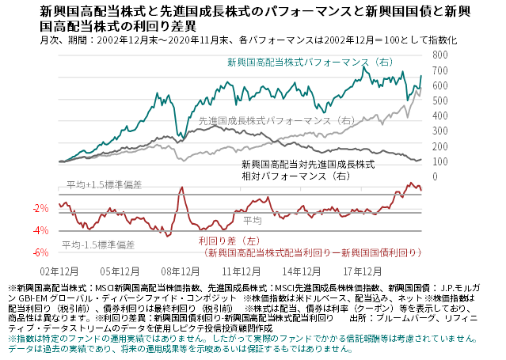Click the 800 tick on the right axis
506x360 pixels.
coord(436,56)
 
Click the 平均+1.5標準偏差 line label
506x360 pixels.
coord(104,184)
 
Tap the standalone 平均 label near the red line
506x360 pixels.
coord(253,219)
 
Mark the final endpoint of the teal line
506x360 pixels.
coord(421,77)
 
